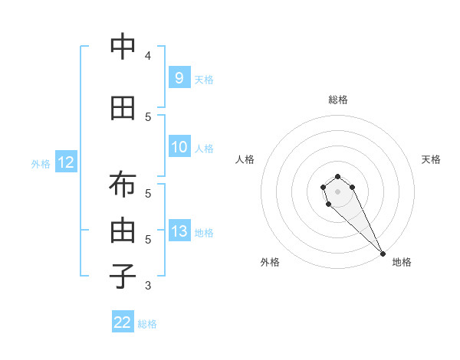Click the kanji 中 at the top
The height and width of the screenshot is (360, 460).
click(123, 47)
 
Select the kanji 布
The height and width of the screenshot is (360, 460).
click(123, 187)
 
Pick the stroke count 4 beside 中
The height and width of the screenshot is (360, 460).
click(147, 56)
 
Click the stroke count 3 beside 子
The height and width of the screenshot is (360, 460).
click(147, 286)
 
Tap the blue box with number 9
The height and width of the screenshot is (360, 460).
click(179, 77)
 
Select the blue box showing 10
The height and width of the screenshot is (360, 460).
click(179, 147)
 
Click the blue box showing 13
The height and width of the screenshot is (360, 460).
click(179, 231)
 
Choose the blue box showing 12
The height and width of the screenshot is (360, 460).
click(65, 162)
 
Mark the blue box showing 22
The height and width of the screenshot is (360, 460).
click(123, 322)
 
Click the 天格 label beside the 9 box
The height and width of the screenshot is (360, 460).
click(204, 79)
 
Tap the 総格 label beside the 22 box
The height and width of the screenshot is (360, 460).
click(147, 324)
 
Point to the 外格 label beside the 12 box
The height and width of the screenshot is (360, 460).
click(41, 164)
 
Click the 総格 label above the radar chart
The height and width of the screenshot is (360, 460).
click(338, 100)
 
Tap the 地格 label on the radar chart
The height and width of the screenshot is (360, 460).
click(402, 262)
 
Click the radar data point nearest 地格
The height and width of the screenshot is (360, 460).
click(383, 253)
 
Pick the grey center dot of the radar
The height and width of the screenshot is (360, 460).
click(337, 191)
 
